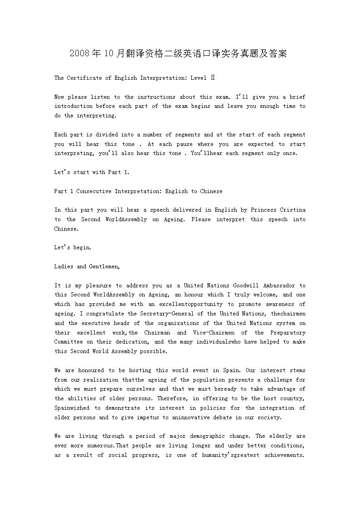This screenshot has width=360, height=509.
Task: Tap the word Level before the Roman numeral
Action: (x=199, y=78)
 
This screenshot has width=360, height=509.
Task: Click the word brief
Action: (x=297, y=97)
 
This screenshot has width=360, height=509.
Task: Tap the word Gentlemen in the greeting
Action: (x=104, y=267)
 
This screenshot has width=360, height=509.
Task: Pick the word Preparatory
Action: (x=288, y=333)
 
